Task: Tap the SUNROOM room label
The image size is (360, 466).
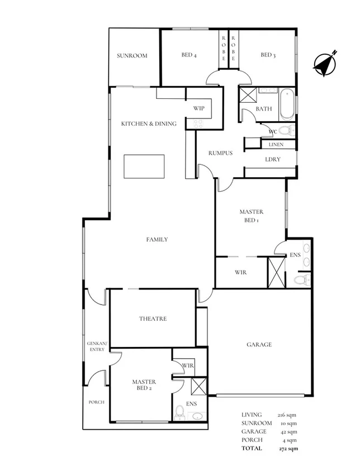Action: point(132,56)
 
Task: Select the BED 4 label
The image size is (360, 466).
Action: point(189,55)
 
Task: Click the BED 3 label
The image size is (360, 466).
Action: point(268,55)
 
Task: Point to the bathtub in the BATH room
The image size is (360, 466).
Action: point(286,103)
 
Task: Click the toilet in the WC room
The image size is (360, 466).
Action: point(286,131)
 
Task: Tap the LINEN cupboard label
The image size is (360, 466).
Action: point(276,145)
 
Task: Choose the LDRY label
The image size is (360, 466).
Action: point(273,159)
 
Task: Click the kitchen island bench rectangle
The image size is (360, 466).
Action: point(145,165)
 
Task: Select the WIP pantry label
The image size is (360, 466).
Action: point(198,108)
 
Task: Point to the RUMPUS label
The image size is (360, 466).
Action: point(220,153)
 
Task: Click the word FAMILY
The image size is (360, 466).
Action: point(157,240)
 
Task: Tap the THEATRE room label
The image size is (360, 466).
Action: point(153,319)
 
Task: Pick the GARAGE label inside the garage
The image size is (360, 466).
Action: point(259,345)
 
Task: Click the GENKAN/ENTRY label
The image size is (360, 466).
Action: point(96,346)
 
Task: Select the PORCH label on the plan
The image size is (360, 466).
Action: point(96,402)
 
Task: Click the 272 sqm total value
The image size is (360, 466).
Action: point(288,449)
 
